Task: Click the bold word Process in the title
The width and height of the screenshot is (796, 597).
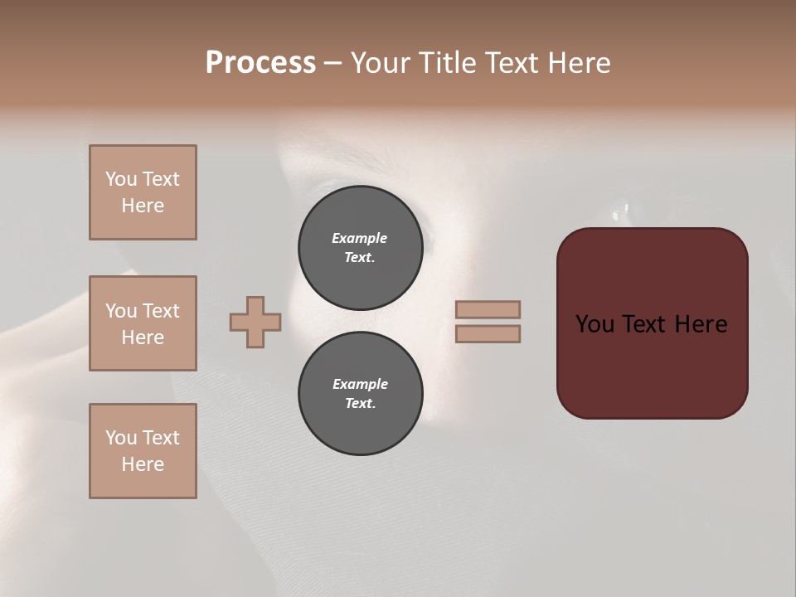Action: [x=260, y=63]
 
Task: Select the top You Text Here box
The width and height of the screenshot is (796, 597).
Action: [x=143, y=192]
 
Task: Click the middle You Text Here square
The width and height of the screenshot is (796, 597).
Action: [x=143, y=323]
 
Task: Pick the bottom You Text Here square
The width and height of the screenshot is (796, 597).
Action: [x=143, y=451]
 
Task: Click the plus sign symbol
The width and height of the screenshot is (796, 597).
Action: [x=255, y=322]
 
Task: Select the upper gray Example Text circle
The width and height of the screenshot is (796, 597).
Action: [x=360, y=247]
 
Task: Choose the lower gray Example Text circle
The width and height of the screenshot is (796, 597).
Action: [x=360, y=393]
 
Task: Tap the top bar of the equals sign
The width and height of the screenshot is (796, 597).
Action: [x=488, y=309]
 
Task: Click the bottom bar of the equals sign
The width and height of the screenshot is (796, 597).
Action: [x=488, y=333]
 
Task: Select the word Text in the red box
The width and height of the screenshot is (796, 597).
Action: [x=645, y=323]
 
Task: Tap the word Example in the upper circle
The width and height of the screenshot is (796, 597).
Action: [x=360, y=238]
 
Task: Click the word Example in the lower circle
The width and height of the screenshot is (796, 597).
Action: [x=360, y=384]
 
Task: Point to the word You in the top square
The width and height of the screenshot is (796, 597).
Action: [x=121, y=179]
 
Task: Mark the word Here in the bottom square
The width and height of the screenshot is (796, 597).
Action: [x=143, y=464]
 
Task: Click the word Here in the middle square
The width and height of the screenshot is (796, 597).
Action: [x=143, y=337]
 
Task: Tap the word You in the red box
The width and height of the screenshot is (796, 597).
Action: [x=595, y=323]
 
